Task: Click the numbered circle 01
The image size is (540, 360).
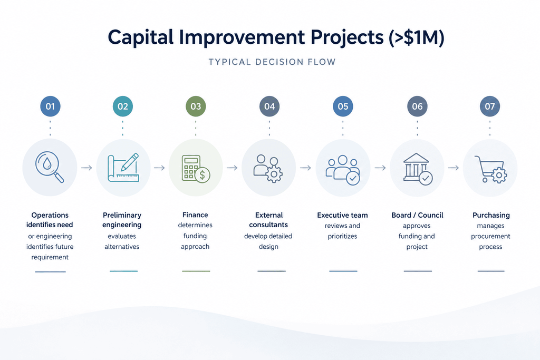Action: tap(50, 106)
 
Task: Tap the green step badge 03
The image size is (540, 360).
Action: tap(196, 106)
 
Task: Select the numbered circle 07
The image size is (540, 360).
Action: tap(490, 106)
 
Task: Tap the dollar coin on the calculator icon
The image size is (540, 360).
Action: tap(202, 175)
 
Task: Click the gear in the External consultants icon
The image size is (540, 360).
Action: tap(274, 174)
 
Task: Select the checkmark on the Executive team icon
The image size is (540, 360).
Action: tap(353, 178)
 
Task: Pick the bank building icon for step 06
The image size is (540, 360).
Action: tap(418, 169)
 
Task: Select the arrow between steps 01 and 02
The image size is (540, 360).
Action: tap(87, 168)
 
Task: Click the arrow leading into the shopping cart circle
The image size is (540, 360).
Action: tap(454, 168)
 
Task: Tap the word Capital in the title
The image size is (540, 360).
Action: tap(140, 37)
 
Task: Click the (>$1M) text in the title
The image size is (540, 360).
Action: tap(417, 37)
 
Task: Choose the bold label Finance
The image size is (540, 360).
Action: tap(195, 215)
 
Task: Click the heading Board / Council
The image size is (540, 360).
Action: tap(418, 215)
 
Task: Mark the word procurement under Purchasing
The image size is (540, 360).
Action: tap(491, 237)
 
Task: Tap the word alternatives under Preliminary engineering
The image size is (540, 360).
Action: tap(122, 247)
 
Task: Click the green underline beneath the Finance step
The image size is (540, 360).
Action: tap(196, 271)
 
